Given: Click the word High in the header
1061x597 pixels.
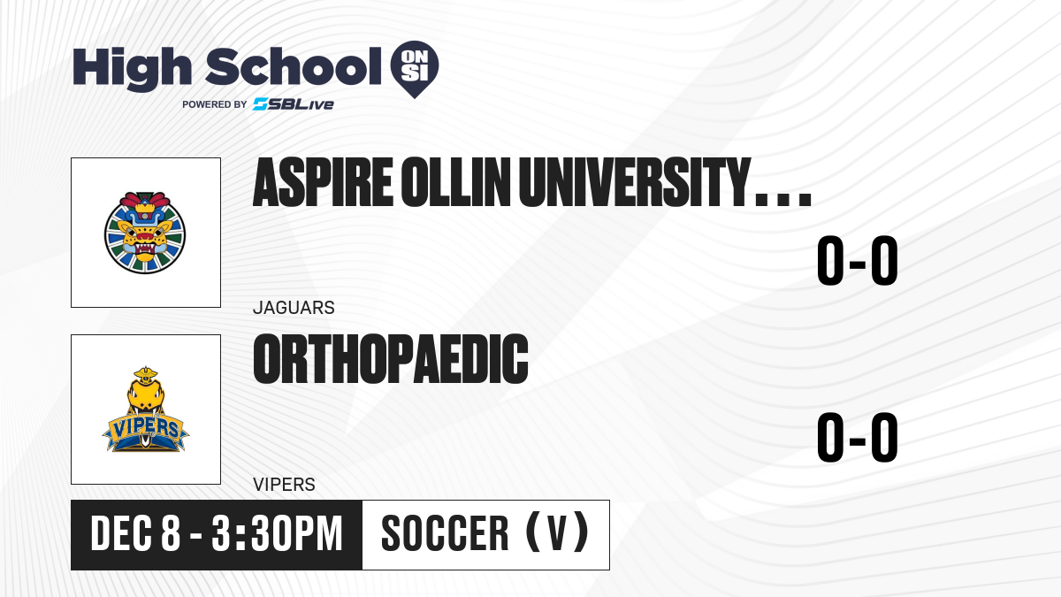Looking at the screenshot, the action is [132, 69].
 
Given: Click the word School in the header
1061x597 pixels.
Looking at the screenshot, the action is [294, 66].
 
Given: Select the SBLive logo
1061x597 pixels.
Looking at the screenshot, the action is [293, 104].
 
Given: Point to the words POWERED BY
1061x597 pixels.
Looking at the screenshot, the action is [215, 104].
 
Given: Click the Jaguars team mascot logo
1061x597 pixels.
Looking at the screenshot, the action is [145, 233].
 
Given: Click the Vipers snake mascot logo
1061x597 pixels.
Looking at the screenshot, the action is [145, 409].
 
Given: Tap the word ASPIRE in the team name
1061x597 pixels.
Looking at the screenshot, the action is [323, 183].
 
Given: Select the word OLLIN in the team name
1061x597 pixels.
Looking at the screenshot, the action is [455, 183].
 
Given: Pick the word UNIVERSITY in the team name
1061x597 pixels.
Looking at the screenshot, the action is [635, 183].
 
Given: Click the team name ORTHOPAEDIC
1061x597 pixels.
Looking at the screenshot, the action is [391, 359].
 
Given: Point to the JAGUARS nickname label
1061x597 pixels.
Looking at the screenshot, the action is [294, 308].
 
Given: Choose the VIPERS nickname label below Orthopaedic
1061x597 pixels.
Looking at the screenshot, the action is [284, 485].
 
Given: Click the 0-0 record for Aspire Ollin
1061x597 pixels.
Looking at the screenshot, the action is [858, 261].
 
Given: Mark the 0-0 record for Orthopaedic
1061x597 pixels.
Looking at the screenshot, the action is [858, 437].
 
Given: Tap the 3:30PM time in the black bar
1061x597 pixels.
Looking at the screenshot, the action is [277, 534].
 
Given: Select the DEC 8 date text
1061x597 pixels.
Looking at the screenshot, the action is [135, 534].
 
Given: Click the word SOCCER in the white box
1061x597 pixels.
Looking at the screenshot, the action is [445, 534].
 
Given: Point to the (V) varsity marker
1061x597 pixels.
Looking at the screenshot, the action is [558, 533].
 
